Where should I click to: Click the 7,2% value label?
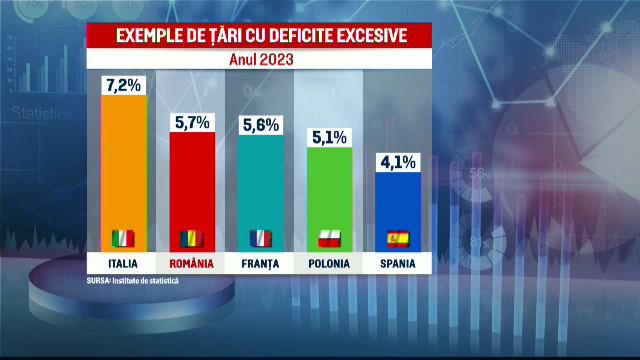click(x=122, y=83)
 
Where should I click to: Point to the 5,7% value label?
click(x=191, y=120)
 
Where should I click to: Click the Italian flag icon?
click(x=122, y=239)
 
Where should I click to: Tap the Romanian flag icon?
click(x=191, y=239)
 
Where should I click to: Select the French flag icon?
click(x=261, y=239)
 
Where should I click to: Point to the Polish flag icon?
click(x=330, y=239)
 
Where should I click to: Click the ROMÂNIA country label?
click(x=191, y=264)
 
